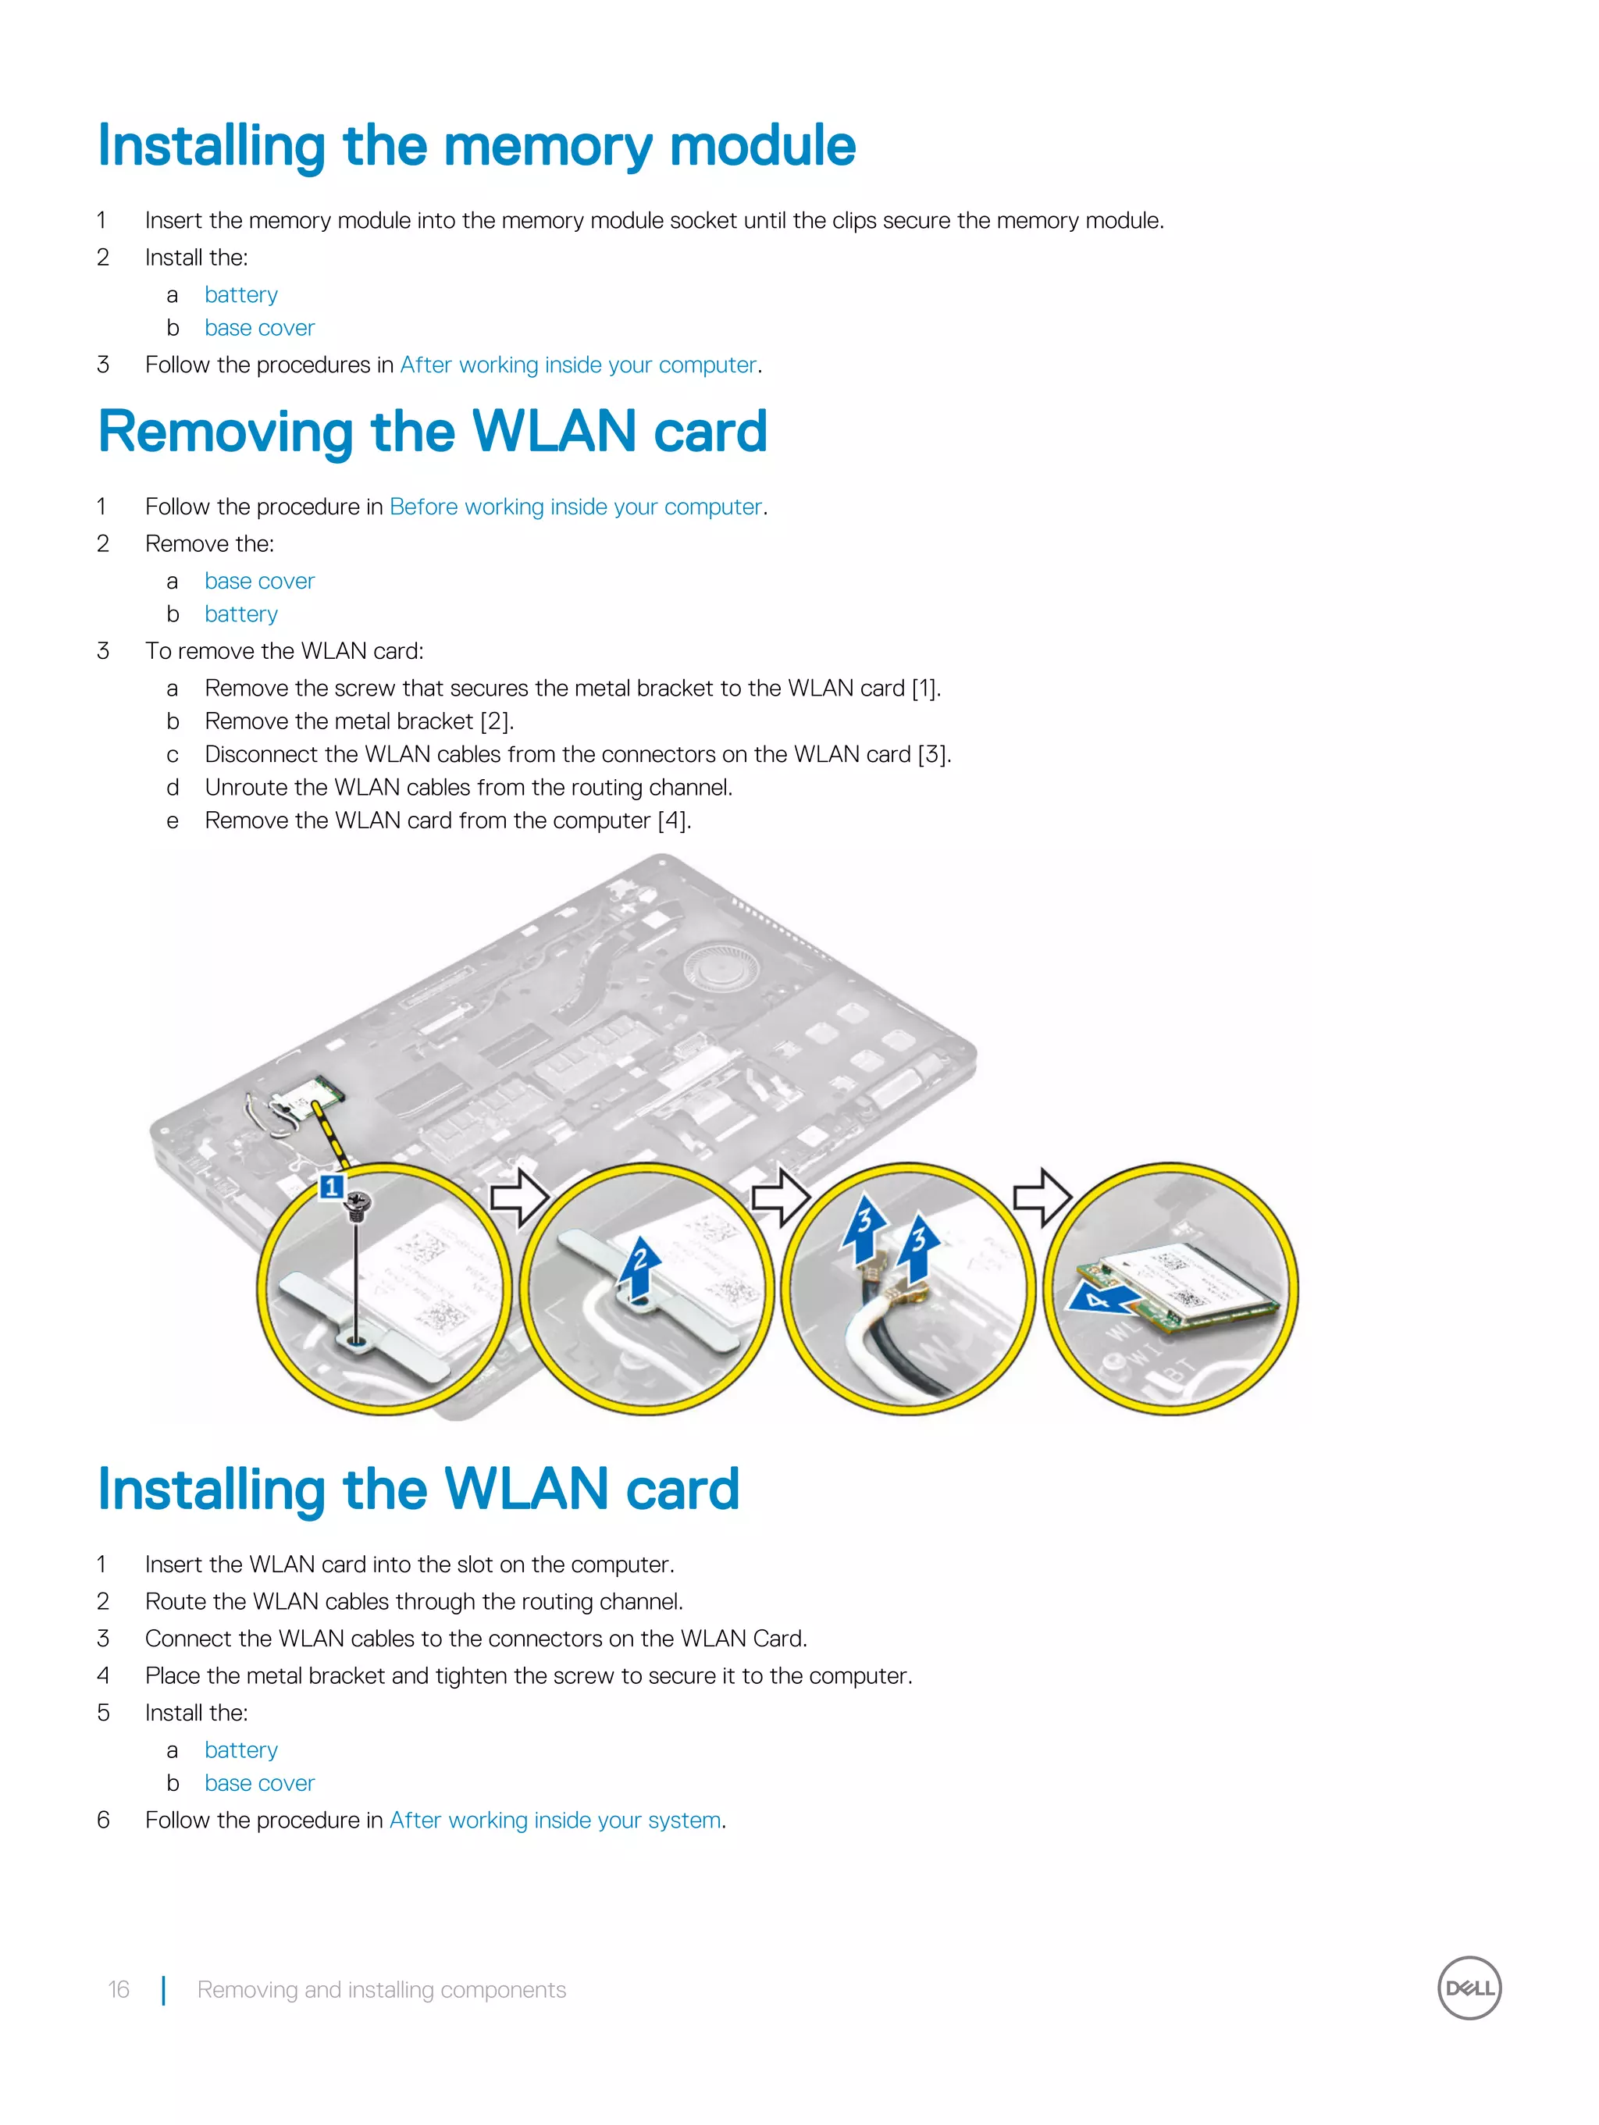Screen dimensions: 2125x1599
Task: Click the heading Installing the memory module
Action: pos(476,146)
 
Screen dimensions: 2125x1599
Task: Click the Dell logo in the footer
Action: pos(1469,1988)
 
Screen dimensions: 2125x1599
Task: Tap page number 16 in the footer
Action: pos(118,1989)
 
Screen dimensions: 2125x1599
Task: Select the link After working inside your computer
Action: pos(579,365)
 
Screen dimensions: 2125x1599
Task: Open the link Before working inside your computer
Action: pos(575,507)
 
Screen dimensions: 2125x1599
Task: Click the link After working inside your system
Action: pos(554,1820)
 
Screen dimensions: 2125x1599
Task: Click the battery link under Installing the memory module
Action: pos(240,295)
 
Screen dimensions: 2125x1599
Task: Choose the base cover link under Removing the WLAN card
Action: pos(259,581)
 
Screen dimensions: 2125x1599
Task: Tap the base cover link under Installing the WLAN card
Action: pos(259,1783)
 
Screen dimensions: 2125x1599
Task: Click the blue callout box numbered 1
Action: pos(330,1187)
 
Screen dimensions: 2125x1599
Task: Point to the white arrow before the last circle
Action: pos(1042,1197)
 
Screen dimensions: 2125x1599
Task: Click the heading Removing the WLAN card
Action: pos(433,432)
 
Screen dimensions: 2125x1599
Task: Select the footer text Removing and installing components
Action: pos(382,1989)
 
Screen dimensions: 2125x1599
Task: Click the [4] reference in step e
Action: pos(673,820)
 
